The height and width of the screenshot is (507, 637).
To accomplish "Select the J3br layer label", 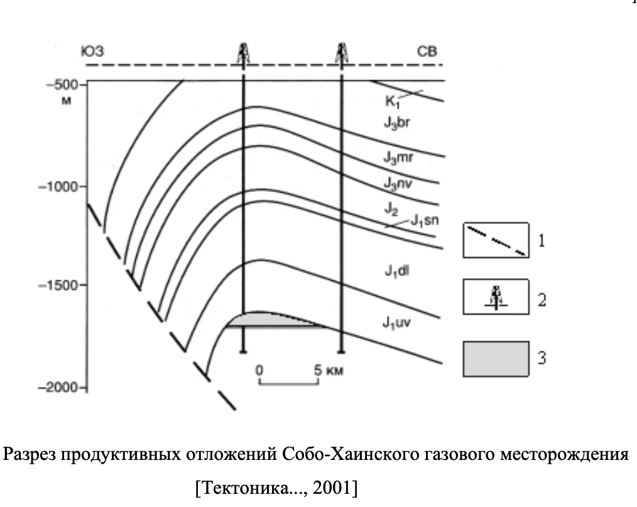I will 397,124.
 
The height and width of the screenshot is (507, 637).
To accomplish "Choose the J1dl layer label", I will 397,270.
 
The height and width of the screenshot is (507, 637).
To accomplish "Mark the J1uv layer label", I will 398,323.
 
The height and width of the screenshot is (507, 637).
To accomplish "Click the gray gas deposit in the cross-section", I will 270,319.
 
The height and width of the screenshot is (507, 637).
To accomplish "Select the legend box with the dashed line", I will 495,240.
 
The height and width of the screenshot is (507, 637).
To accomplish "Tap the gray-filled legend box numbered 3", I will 495,359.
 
